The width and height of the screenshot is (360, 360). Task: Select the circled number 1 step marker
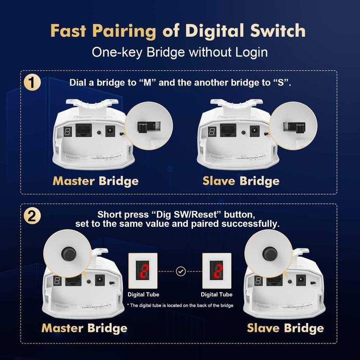click(x=34, y=83)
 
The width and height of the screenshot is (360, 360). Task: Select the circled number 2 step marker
click(x=34, y=216)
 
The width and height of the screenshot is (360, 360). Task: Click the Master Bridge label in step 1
click(x=96, y=181)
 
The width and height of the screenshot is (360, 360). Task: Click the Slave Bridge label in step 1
click(x=241, y=181)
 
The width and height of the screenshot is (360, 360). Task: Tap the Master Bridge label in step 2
click(x=84, y=328)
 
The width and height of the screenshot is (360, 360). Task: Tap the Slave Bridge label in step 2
click(x=285, y=328)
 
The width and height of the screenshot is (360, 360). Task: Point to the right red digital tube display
click(x=218, y=271)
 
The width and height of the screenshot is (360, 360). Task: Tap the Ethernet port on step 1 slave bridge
click(x=229, y=131)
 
